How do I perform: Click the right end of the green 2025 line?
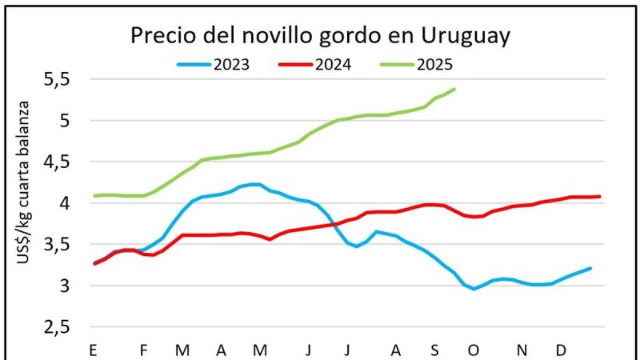pyautogui.click(x=454, y=89)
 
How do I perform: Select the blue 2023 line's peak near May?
pyautogui.click(x=254, y=184)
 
